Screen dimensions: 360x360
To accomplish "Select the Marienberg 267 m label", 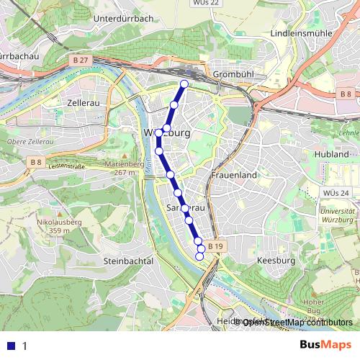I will click(120, 168).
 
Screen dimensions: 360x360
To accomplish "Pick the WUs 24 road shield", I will click(336, 193).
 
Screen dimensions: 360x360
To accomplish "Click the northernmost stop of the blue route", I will click(184, 84).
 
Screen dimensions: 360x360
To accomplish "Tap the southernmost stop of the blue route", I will click(200, 256).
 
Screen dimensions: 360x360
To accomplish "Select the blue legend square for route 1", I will click(10, 346).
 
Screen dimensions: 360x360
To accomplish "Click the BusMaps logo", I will click(325, 345).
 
